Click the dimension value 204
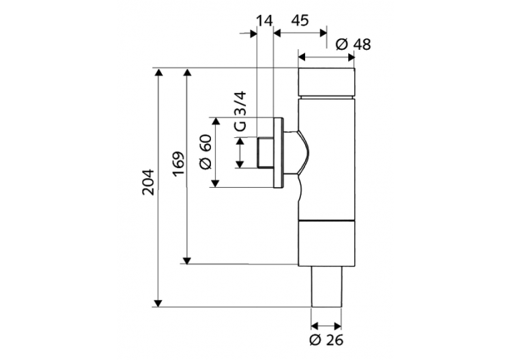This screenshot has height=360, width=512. [x=148, y=182]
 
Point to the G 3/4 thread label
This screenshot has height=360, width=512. [x=239, y=113]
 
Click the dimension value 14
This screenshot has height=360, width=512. [x=264, y=20]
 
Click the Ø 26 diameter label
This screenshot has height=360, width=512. [x=326, y=340]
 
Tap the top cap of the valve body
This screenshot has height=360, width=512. [x=327, y=83]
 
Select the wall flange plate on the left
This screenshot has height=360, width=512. [x=277, y=152]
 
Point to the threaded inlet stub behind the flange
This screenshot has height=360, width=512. [x=264, y=152]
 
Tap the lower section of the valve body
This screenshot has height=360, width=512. [x=327, y=243]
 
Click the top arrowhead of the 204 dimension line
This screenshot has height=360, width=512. [x=158, y=72]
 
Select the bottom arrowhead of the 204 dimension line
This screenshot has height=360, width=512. [x=158, y=303]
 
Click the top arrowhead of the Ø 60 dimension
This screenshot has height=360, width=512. [x=216, y=121]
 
